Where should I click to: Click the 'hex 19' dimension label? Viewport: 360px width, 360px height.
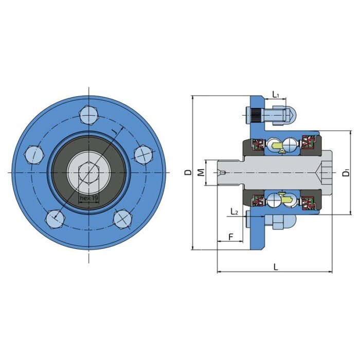click(x=88, y=197)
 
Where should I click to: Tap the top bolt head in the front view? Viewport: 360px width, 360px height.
click(x=88, y=114)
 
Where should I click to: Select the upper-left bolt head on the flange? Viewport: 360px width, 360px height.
click(x=33, y=154)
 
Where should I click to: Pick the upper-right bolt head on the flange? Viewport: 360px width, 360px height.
click(x=141, y=153)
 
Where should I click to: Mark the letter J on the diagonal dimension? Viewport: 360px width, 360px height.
click(x=113, y=133)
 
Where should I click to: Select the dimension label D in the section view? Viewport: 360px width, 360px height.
click(x=187, y=172)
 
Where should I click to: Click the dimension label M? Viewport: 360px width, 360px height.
click(x=201, y=172)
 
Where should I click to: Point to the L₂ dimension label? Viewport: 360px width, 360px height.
click(x=234, y=211)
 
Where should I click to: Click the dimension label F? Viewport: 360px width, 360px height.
click(x=231, y=237)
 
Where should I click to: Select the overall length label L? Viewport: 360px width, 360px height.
click(x=276, y=267)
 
